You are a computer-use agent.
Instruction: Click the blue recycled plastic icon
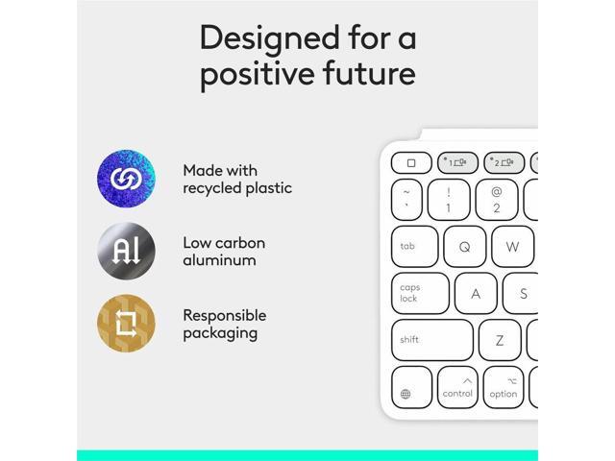point(126,179)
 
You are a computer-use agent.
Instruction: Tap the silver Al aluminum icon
point(126,252)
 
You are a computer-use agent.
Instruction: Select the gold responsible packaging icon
point(126,323)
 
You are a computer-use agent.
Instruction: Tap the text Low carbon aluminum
point(224,252)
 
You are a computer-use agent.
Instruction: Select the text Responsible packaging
point(224,324)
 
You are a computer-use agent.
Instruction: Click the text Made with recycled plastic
point(237,180)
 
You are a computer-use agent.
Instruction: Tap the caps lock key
point(420,293)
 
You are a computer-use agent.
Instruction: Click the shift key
point(431,340)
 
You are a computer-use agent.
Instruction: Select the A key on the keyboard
point(475,294)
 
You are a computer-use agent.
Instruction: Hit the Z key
point(500,340)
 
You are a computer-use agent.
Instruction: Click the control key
point(457,387)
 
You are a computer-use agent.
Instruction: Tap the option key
point(503,387)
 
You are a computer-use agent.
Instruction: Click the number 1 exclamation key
point(449,200)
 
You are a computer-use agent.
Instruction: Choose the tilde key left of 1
point(406,200)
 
